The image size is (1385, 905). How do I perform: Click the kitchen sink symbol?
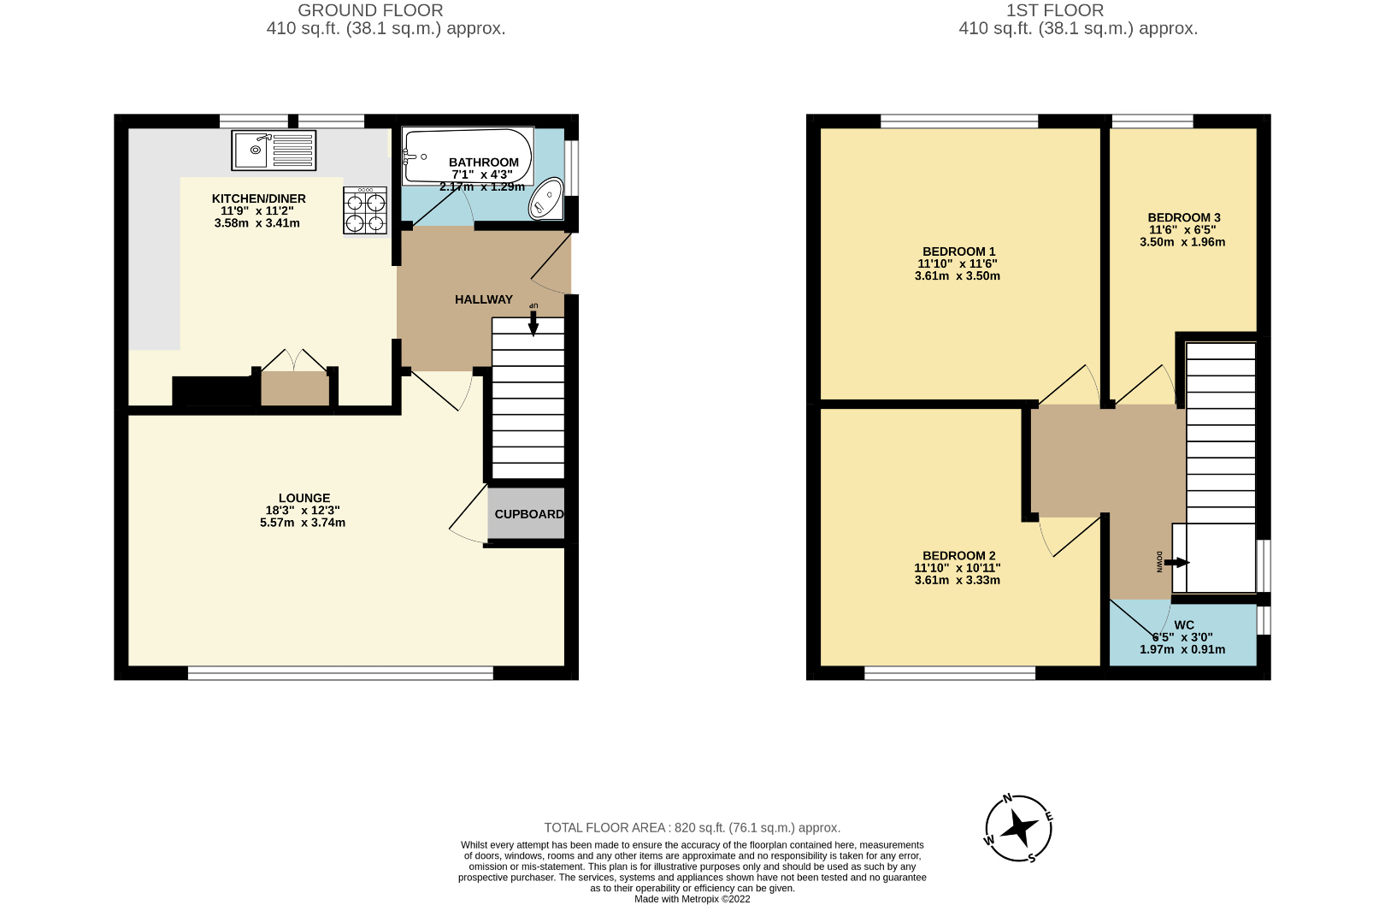click(274, 151)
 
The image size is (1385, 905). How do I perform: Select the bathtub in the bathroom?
click(467, 157)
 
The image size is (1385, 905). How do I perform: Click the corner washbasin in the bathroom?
click(546, 199)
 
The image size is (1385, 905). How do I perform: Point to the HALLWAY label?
click(484, 299)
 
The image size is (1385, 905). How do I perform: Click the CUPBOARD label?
click(529, 514)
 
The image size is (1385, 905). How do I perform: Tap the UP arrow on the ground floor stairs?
click(533, 322)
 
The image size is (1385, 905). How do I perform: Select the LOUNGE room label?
click(304, 498)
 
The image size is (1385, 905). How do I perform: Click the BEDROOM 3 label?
click(1183, 217)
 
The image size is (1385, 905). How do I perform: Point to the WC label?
click(1183, 625)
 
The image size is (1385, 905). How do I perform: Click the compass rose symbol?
click(1018, 828)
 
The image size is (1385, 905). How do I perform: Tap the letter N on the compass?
click(1007, 799)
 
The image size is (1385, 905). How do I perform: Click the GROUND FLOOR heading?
click(370, 10)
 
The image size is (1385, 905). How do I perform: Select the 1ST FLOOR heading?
click(1054, 10)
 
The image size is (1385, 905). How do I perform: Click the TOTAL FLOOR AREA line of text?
click(692, 828)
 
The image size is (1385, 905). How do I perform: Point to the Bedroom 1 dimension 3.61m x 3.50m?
click(957, 276)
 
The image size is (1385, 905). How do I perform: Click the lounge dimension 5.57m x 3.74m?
click(303, 523)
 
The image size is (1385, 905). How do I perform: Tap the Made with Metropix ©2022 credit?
click(692, 899)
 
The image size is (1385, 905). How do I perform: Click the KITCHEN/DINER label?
click(258, 198)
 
